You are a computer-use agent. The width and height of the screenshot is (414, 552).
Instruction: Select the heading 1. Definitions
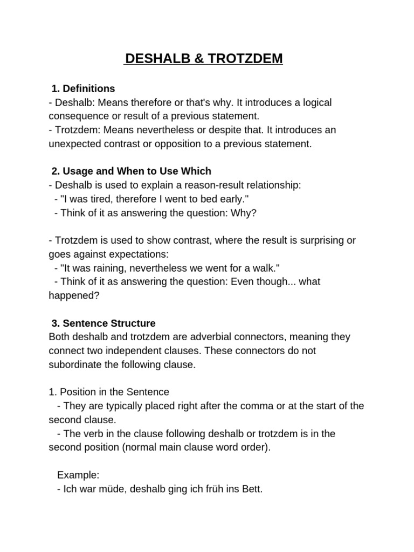83,88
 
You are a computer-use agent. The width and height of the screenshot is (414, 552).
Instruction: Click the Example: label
78,475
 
